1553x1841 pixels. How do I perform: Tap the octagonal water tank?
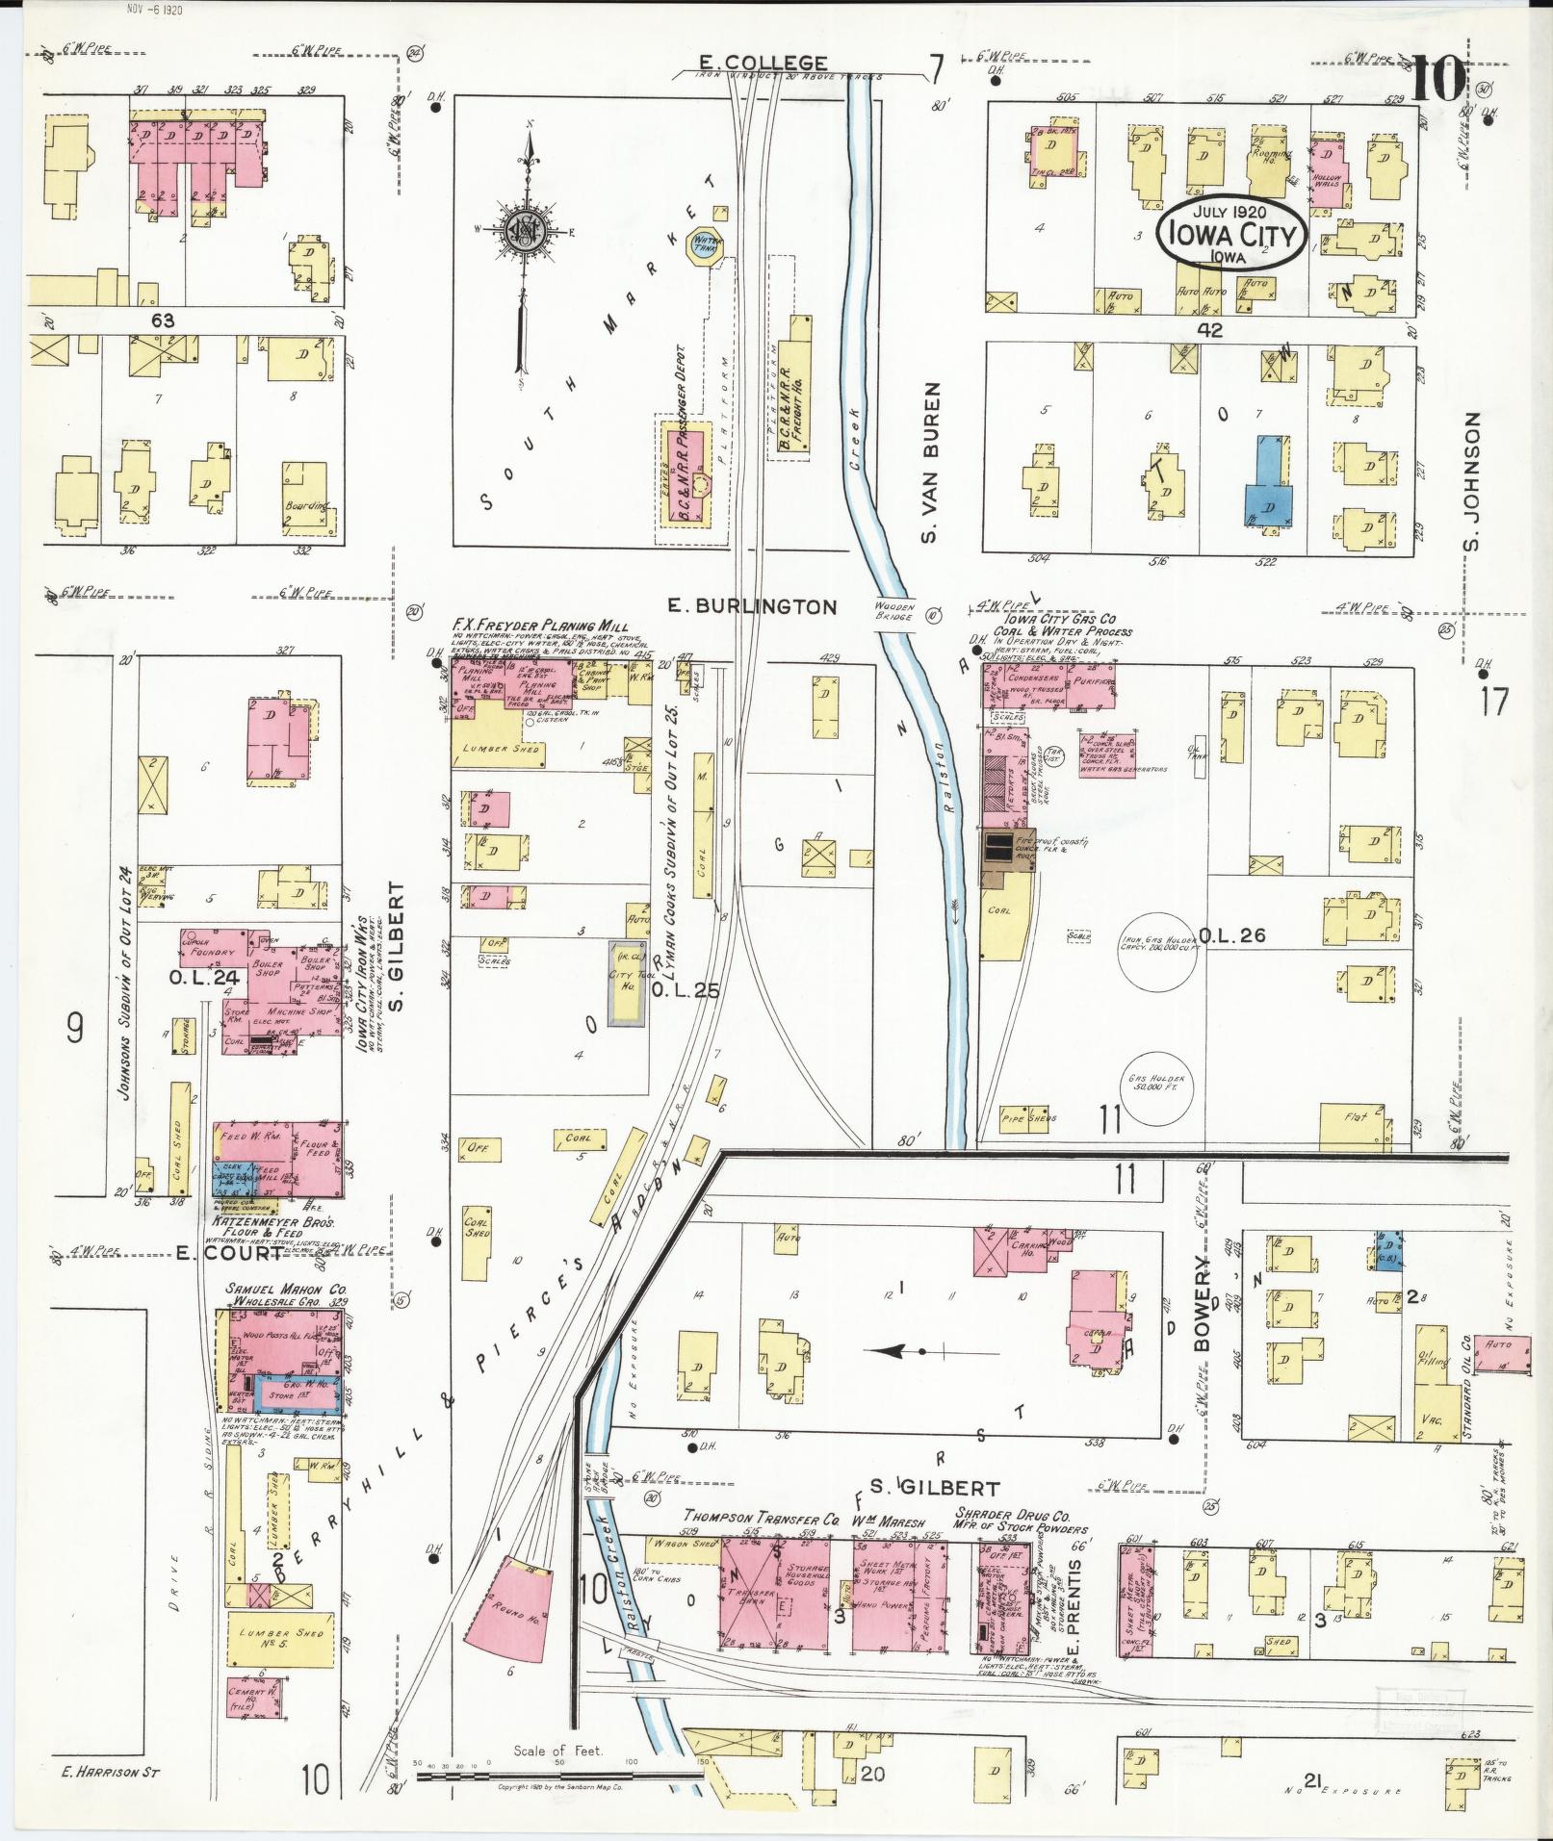tap(702, 248)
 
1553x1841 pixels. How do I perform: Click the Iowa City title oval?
tap(1231, 232)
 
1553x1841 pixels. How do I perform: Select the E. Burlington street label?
tap(753, 606)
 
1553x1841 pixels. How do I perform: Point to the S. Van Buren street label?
tap(929, 460)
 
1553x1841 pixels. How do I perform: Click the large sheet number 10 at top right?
tap(1437, 80)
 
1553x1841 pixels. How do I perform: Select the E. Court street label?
tap(231, 1253)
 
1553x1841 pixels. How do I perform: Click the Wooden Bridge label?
tap(894, 609)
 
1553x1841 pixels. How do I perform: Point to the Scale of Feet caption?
tap(557, 1751)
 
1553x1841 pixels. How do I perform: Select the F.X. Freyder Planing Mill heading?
tap(540, 626)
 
